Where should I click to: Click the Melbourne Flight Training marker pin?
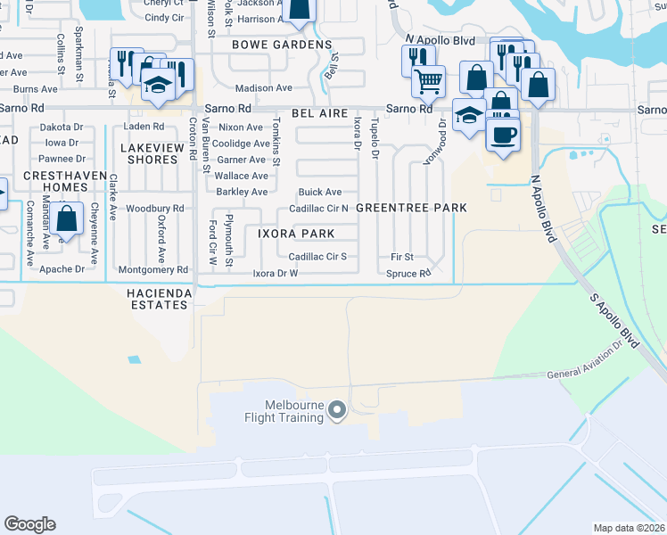tap(336, 410)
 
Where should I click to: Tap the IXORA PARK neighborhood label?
tap(296, 234)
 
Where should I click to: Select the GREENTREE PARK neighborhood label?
tap(411, 208)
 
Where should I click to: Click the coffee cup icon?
tap(504, 136)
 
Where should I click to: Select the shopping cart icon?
tap(429, 81)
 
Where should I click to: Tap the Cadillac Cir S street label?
tap(317, 257)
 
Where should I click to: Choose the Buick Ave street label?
tap(320, 192)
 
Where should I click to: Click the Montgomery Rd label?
tap(153, 269)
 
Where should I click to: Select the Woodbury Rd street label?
tap(155, 209)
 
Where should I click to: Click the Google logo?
tap(29, 524)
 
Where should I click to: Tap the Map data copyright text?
tap(630, 528)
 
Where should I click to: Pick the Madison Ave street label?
tap(264, 88)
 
